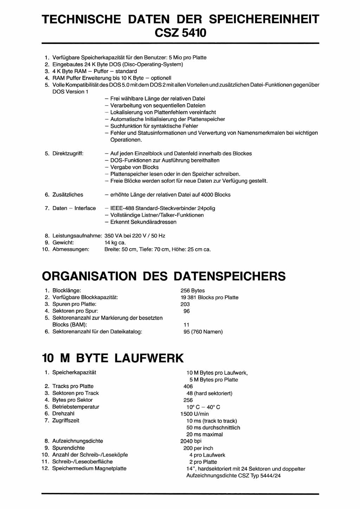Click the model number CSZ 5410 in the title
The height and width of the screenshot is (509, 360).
pos(180,33)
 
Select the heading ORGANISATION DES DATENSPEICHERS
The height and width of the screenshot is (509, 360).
pos(163,276)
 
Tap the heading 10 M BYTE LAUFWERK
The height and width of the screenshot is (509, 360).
pos(112,358)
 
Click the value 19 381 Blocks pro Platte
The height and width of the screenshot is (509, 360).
pos(209,297)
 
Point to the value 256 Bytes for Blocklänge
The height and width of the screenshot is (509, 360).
pos(192,290)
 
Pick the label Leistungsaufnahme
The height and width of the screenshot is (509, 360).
pos(77,236)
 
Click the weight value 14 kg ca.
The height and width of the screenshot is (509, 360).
pos(115,243)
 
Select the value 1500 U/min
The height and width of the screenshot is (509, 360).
pos(194,414)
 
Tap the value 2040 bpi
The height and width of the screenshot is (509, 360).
pos(191,441)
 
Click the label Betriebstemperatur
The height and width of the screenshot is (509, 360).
pos(76,407)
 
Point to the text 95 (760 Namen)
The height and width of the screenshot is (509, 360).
pos(203,331)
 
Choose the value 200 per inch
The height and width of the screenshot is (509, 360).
pos(198,448)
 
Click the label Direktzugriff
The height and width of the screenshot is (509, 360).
pos(68,153)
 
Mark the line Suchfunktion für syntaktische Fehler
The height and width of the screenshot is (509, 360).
pos(154,126)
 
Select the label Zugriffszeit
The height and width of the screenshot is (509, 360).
pos(66,420)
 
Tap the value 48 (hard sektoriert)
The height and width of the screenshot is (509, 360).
pos(209,393)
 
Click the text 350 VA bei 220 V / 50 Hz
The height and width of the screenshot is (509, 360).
pos(135,236)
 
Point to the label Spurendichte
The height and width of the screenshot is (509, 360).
pos(68,448)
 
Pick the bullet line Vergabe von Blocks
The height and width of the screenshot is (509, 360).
pos(134,167)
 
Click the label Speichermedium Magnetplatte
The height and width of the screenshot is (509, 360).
pos(89,468)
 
